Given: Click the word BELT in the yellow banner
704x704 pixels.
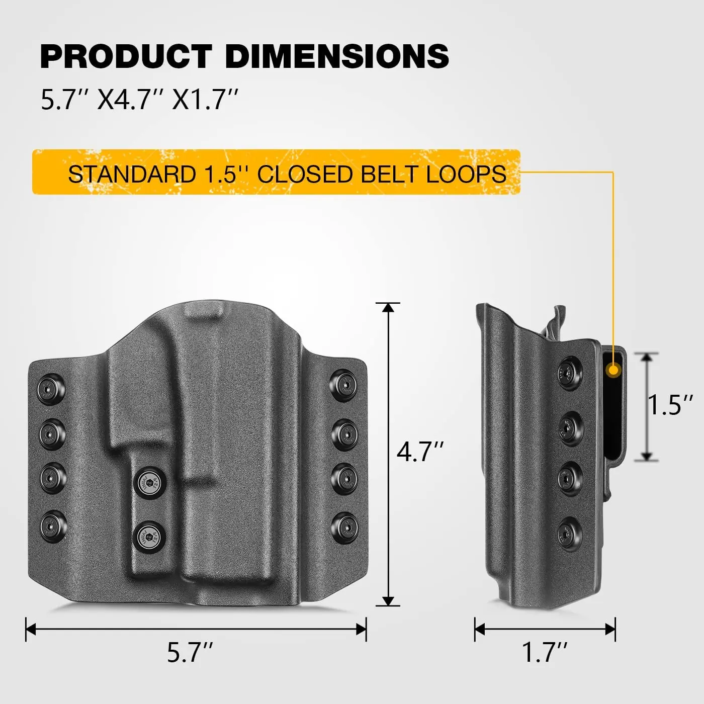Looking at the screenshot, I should click(389, 174).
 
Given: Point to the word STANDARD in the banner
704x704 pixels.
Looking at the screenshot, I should click(132, 174).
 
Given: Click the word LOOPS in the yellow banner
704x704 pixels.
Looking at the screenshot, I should click(466, 174).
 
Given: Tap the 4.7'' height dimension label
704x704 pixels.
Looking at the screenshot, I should click(420, 451).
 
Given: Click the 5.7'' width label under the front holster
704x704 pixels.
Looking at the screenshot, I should click(190, 652).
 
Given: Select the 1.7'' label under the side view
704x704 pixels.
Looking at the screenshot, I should click(545, 652).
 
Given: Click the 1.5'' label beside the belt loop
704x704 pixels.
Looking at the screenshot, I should click(670, 405).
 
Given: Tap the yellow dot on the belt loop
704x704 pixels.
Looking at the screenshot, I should click(613, 371).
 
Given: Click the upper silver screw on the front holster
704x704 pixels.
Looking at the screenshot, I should click(152, 483).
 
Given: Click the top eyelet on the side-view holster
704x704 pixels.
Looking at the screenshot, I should click(570, 373).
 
